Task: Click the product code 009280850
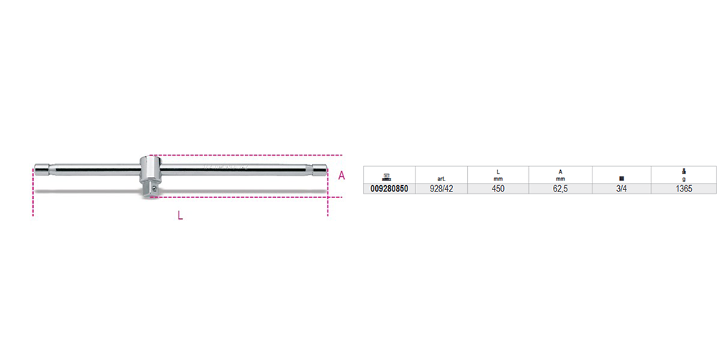389,189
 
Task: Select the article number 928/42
441,189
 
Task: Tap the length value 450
498,189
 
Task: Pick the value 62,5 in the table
560,189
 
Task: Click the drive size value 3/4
621,189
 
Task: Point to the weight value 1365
684,189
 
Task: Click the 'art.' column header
441,179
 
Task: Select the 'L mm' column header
498,176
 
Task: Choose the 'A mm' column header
560,176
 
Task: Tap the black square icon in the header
621,179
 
